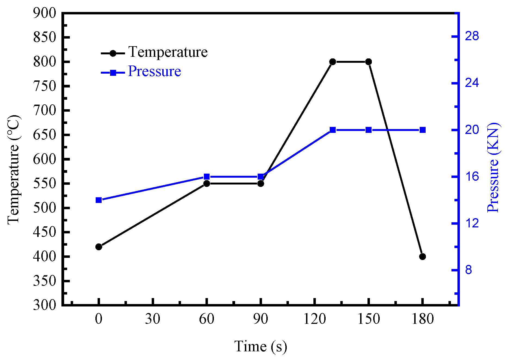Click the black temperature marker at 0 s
pos(99,247)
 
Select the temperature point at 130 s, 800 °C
pos(332,62)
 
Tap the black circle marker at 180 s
pos(422,256)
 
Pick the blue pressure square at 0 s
pos(99,200)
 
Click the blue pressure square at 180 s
pos(422,130)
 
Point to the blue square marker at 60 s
pos(207,177)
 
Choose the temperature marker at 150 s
pos(368,62)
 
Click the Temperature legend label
pos(168,52)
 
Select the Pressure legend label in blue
pos(154,71)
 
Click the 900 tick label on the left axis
pos(45,13)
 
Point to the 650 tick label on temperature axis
pos(45,135)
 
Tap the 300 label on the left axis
pos(45,305)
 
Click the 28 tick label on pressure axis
pos(472,36)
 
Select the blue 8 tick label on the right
pos(468,270)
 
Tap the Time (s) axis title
pos(260,346)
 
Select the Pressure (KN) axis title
pos(493,167)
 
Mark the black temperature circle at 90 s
pos(260,184)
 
